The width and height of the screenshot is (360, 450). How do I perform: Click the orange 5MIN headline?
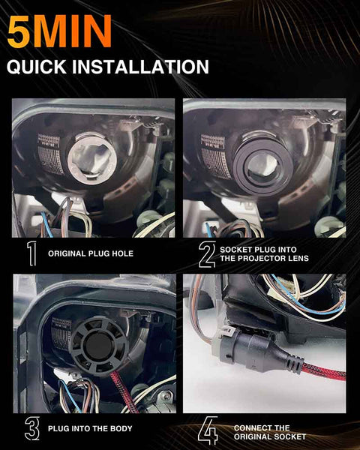pos(59,31)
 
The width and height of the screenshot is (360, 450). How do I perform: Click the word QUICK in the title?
pos(37,67)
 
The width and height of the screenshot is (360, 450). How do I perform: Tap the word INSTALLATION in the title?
pos(140,67)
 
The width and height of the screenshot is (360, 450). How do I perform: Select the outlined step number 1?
pos(31,253)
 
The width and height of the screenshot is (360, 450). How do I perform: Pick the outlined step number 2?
pos(207,254)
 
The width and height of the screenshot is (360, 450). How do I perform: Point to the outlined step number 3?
pos(31,428)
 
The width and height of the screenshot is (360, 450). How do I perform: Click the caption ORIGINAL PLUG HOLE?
pos(91,253)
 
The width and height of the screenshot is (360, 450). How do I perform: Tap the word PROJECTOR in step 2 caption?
pos(258,258)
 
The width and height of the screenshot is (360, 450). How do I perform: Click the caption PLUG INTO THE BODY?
pos(90,429)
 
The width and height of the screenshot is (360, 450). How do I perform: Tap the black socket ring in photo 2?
pos(262,165)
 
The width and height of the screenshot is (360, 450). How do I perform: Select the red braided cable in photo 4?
pos(323,372)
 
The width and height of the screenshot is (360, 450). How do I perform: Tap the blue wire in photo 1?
pos(47,224)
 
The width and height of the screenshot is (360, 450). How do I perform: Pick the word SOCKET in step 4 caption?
pos(289,436)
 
